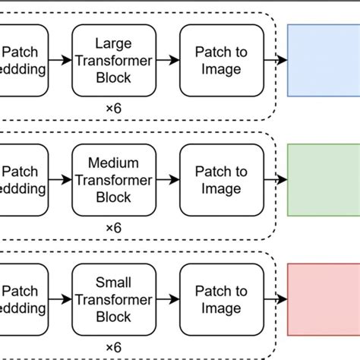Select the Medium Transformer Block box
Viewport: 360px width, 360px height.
(113, 180)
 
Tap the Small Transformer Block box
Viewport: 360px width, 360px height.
(113, 301)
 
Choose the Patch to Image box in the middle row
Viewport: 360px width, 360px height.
(221, 180)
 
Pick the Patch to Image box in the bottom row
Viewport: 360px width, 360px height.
(221, 301)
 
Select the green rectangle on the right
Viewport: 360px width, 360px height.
(324, 180)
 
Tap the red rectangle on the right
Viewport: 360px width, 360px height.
(324, 301)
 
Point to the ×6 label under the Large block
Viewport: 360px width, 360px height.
(113, 108)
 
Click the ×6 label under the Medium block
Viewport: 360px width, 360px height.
(113, 228)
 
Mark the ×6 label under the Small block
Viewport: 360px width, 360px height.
(113, 348)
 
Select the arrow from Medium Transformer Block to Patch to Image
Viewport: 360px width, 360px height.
(166, 180)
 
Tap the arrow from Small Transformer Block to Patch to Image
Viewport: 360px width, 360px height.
(166, 301)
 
